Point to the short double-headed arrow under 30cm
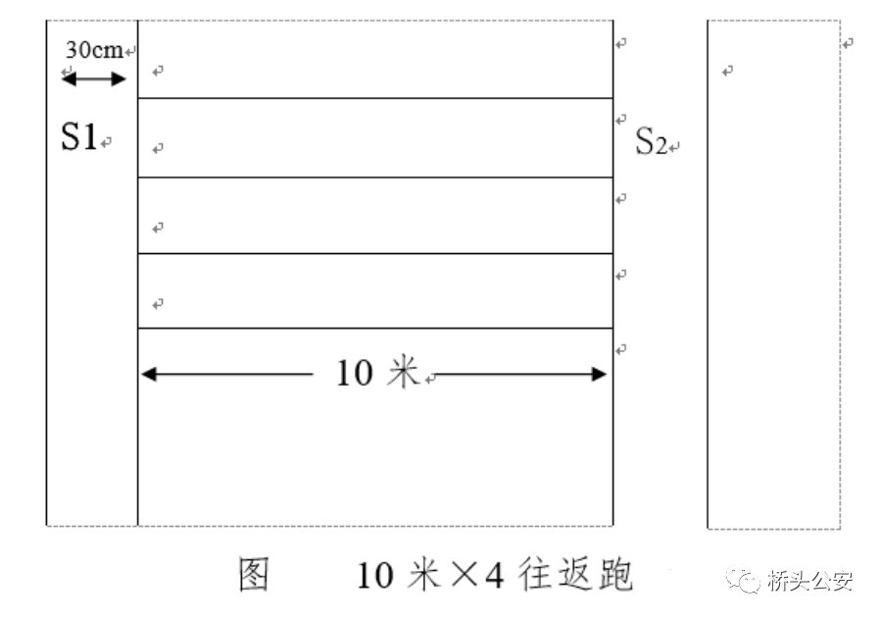pyautogui.click(x=94, y=78)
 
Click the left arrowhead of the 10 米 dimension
pyautogui.click(x=149, y=373)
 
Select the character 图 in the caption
pyautogui.click(x=254, y=576)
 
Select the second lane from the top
pyautogui.click(x=375, y=138)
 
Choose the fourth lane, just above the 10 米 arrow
pyautogui.click(x=375, y=291)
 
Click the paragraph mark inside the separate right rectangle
pyautogui.click(x=727, y=71)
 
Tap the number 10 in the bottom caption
pyautogui.click(x=375, y=577)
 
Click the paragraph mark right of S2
pyautogui.click(x=674, y=147)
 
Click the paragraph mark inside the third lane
pyautogui.click(x=158, y=228)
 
